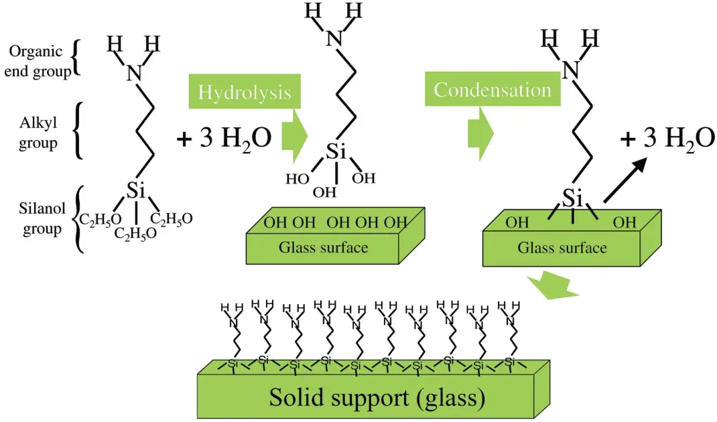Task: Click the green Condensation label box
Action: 492,90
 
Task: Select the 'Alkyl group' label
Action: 38,131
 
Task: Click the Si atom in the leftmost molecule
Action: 136,191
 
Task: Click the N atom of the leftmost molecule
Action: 135,72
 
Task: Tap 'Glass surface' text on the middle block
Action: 323,248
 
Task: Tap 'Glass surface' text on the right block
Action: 562,248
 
